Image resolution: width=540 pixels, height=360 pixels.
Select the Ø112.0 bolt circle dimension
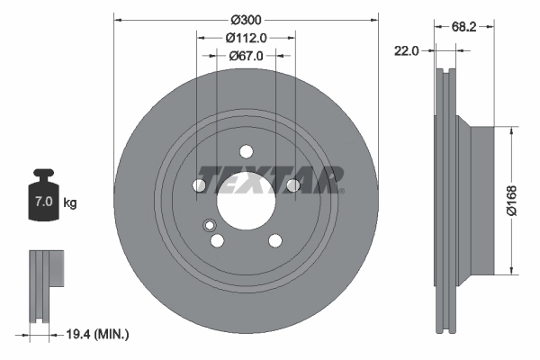246,38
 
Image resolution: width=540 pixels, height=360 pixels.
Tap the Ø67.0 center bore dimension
246,56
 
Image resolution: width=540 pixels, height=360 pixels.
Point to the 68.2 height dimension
464,28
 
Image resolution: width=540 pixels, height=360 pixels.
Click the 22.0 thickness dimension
407,51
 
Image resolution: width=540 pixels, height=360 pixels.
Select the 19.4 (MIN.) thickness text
99,334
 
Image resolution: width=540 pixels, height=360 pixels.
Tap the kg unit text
70,203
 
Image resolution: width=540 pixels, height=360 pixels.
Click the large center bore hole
246,197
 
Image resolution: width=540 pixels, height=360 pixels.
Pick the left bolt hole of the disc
200,185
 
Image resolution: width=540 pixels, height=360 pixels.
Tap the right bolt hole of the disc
292,185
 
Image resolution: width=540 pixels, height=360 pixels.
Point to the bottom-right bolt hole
274,238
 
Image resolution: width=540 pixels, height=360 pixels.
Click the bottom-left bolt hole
217,239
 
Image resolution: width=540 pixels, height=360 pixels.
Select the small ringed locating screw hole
209,226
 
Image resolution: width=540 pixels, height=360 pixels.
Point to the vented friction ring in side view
446,199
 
